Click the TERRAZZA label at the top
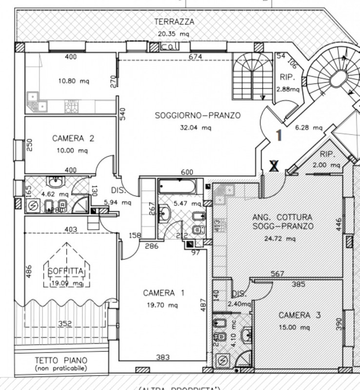pos(174,22)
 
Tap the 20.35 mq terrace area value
pos(173,34)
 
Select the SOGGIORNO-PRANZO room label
pos(198,116)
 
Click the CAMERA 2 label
pos(73,138)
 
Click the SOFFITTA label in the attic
pos(66,272)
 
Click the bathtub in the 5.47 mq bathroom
pos(177,186)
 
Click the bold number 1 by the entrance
pos(279,135)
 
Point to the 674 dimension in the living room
pos(195,57)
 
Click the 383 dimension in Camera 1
pos(163,357)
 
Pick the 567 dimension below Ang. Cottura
pos(277,274)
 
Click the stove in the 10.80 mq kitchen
pos(72,106)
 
